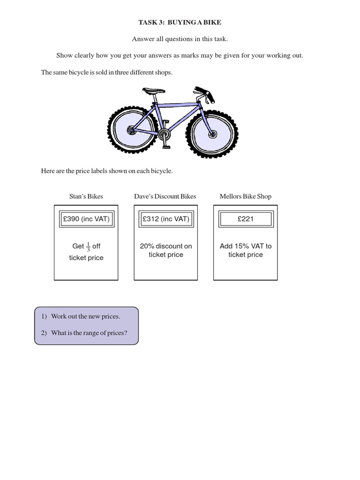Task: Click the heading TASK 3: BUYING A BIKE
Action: (180, 22)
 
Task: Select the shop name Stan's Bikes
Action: (86, 196)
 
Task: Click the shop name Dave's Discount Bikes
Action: (165, 196)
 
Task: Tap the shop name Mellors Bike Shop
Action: (245, 196)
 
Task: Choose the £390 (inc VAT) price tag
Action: (86, 219)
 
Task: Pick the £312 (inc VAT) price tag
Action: (165, 219)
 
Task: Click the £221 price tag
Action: (245, 219)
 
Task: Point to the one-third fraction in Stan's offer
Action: (88, 246)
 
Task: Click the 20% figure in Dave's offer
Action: (147, 246)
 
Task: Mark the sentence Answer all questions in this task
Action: (180, 39)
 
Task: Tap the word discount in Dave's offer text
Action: (170, 246)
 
